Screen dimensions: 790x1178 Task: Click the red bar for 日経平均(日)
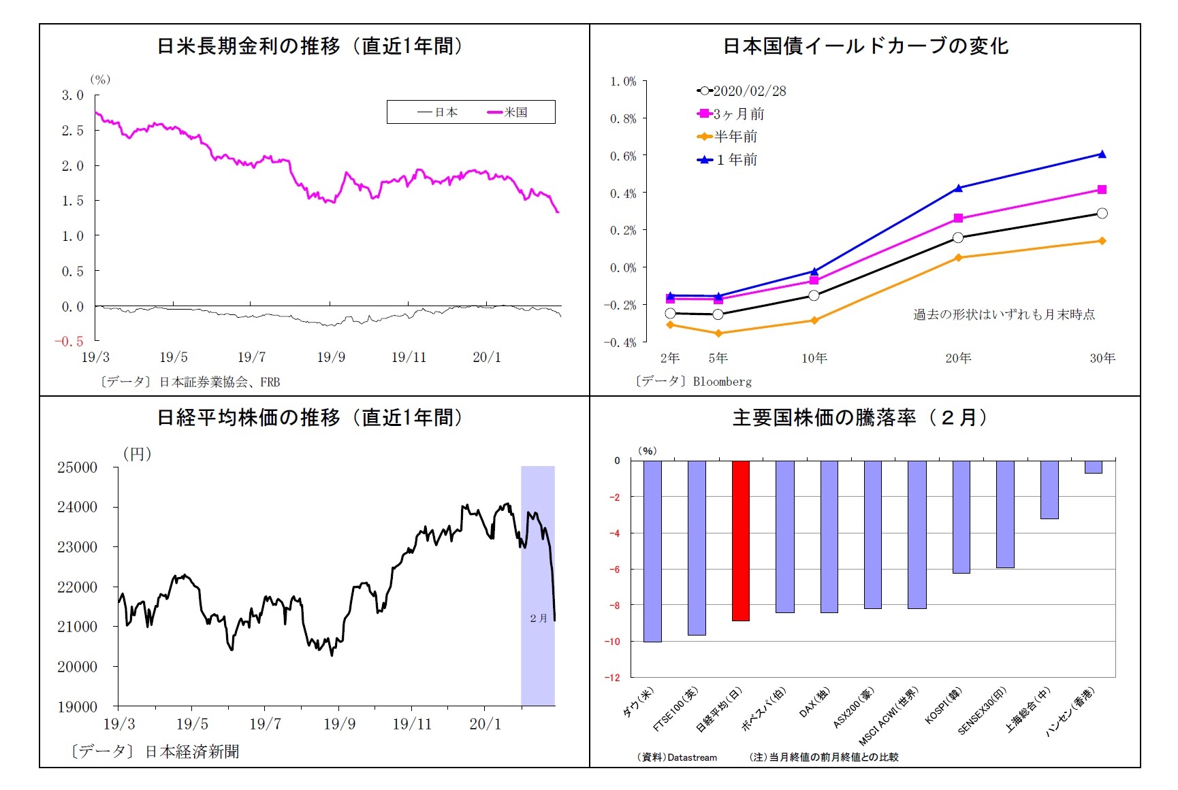click(x=740, y=540)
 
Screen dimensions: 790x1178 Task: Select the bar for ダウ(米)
click(x=652, y=550)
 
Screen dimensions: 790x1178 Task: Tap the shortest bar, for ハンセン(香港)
click(x=1093, y=467)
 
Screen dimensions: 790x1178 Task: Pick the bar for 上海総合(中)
click(x=1049, y=489)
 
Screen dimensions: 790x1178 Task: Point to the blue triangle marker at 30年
click(x=1102, y=154)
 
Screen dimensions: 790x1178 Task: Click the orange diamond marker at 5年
click(x=718, y=333)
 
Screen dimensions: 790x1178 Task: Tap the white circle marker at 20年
click(x=958, y=237)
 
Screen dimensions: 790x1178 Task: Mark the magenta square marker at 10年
click(x=814, y=280)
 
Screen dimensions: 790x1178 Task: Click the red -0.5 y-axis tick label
click(x=69, y=342)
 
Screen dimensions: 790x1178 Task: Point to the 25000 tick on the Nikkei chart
click(x=78, y=467)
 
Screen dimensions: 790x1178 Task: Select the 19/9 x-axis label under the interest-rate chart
click(x=331, y=357)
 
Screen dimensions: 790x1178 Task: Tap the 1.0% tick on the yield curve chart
click(x=623, y=82)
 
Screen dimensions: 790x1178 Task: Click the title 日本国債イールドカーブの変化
click(x=865, y=46)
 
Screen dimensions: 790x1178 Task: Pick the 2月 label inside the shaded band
click(x=538, y=618)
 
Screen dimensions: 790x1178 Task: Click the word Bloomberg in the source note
click(x=722, y=382)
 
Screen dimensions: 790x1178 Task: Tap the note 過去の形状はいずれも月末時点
click(x=1004, y=314)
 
